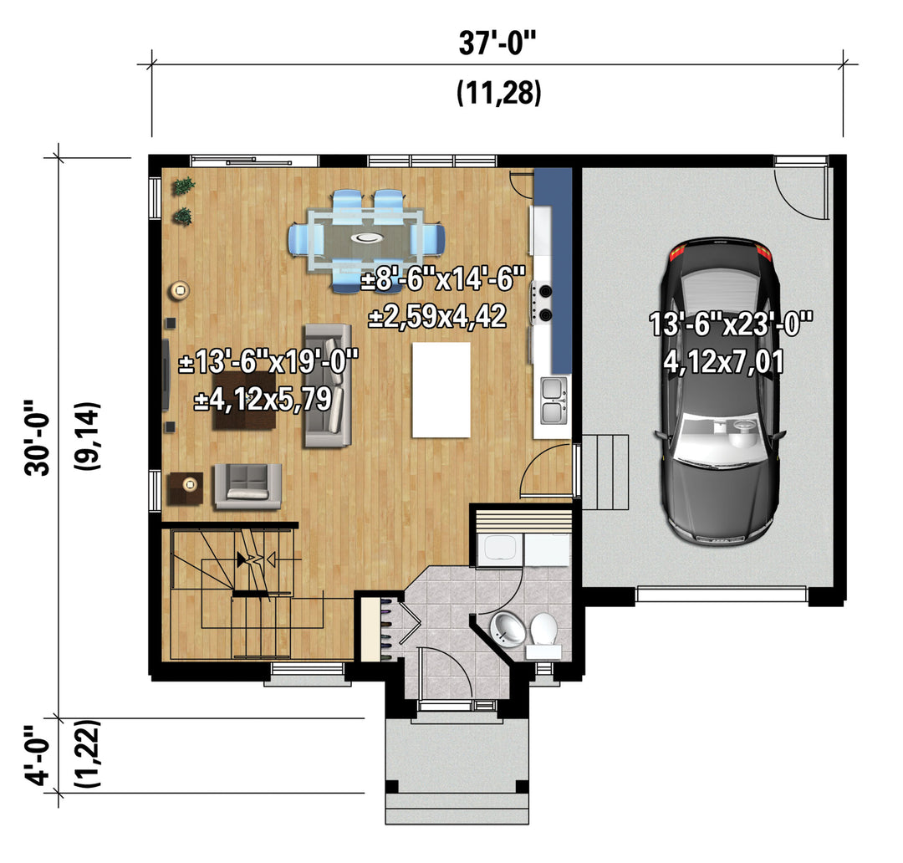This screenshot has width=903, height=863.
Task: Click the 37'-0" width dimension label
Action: (x=497, y=43)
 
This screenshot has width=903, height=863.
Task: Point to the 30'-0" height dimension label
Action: (x=38, y=439)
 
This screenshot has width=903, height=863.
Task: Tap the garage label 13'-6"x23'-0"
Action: (x=731, y=324)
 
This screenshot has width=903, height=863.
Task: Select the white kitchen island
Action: (x=441, y=390)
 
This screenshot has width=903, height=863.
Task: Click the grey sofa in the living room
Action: (x=328, y=386)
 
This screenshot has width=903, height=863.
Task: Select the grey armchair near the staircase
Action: (x=247, y=486)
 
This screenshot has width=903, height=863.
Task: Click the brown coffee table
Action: (x=243, y=401)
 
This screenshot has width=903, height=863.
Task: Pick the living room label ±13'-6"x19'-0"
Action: (x=268, y=364)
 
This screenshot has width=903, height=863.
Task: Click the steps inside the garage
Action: (x=605, y=472)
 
